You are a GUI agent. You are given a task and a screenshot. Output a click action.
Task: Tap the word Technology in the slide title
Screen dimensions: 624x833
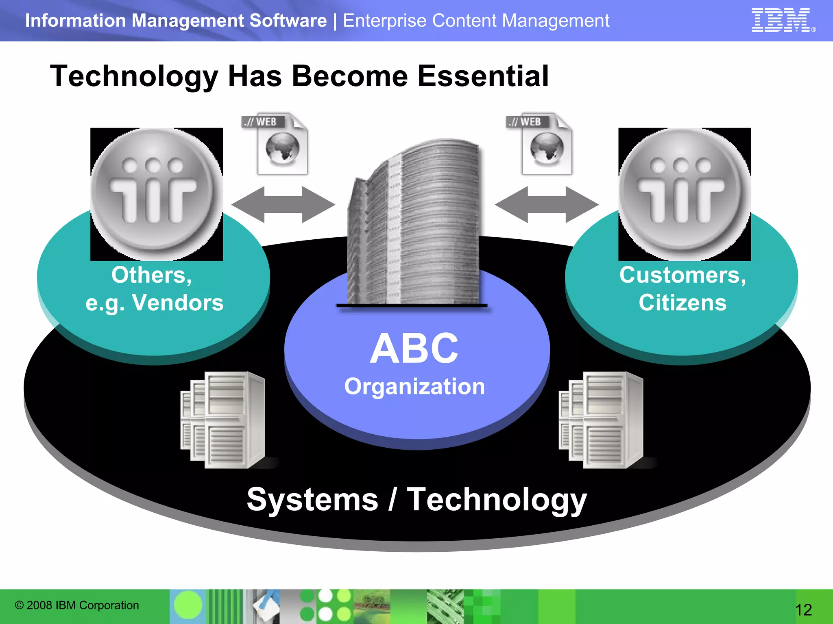(134, 77)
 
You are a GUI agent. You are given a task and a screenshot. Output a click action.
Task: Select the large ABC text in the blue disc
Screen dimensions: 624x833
(414, 348)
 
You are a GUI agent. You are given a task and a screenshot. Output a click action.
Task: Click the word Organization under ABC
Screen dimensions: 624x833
(414, 386)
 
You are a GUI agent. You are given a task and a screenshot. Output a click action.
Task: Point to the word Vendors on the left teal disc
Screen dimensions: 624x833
(178, 303)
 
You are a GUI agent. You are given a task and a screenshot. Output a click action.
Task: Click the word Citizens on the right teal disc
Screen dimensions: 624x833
(683, 303)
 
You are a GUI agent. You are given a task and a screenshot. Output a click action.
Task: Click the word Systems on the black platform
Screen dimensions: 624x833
(312, 499)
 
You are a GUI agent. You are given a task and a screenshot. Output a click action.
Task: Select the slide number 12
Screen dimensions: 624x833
(803, 610)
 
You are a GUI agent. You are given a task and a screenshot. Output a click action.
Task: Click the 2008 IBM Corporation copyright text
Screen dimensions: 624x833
(77, 605)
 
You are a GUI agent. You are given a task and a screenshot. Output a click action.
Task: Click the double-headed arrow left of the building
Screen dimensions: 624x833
(283, 205)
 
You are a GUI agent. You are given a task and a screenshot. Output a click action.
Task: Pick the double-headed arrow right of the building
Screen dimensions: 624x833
(546, 205)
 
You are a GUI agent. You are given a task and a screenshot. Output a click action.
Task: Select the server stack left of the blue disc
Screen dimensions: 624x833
(223, 420)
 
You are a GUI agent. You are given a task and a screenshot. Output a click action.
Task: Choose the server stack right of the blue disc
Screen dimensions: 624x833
(601, 420)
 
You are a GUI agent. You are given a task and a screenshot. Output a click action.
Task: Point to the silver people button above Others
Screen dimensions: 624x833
(156, 194)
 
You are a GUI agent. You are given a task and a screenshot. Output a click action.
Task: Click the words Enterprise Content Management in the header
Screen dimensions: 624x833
(476, 21)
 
